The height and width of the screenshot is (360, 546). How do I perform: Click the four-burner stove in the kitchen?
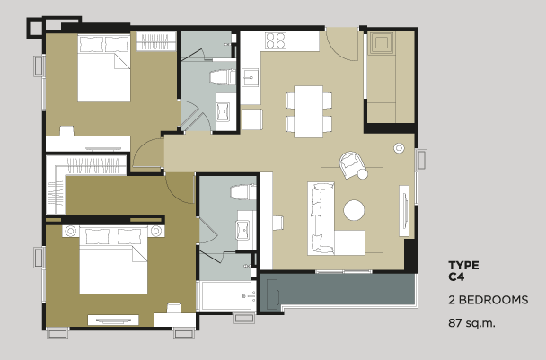276,40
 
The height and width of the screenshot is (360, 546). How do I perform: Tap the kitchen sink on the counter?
251,77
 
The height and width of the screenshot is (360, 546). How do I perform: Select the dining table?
308,111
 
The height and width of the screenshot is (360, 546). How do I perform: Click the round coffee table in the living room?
354,210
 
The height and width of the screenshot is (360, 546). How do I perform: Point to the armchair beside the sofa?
352,164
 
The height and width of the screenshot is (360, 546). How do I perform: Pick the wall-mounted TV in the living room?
404,211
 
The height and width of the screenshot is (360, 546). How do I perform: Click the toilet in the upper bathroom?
223,77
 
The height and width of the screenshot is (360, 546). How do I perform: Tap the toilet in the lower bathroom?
243,192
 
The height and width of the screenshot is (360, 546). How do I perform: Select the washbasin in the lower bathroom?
242,230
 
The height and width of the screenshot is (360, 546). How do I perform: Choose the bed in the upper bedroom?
104,68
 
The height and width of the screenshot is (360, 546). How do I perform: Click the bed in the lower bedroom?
113,260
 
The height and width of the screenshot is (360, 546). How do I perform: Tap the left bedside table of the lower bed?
71,232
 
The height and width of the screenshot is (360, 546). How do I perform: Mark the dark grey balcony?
338,290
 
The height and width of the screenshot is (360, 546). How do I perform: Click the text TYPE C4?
463,271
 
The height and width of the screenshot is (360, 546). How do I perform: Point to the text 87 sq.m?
471,323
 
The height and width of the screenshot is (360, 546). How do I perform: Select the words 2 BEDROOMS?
488,300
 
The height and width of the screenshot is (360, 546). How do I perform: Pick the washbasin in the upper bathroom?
223,111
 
